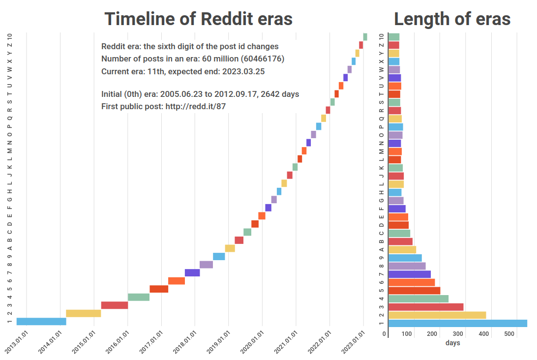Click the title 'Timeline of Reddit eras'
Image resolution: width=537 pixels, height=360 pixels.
198,19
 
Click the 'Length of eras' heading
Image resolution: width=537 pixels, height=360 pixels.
452,19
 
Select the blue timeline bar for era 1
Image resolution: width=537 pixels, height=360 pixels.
41,322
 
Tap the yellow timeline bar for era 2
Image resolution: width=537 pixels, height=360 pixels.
84,313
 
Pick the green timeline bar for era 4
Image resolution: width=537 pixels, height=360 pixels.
139,297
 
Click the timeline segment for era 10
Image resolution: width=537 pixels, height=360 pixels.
365,37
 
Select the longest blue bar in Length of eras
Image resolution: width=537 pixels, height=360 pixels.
457,323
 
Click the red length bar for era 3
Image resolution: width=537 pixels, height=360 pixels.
426,307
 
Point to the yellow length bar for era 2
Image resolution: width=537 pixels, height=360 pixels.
437,315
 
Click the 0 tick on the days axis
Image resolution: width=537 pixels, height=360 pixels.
385,334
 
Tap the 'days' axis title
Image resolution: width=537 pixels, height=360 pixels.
452,343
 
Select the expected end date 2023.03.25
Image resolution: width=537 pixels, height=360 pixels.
243,71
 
